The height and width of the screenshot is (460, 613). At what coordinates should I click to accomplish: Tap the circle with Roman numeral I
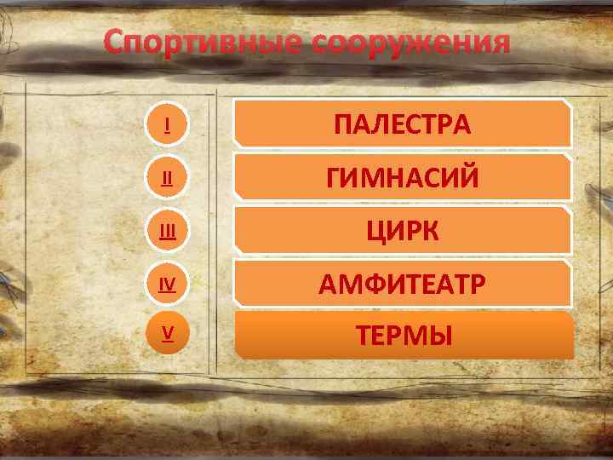click(167, 125)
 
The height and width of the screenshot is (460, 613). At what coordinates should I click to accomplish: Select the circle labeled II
click(167, 179)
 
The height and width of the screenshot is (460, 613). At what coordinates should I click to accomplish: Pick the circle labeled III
click(167, 232)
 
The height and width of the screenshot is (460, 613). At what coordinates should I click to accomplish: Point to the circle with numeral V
click(167, 335)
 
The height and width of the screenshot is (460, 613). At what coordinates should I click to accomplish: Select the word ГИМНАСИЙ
click(402, 178)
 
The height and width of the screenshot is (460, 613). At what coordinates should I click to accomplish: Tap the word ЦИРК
click(402, 231)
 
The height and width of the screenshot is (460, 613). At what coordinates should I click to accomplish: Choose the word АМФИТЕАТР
click(402, 284)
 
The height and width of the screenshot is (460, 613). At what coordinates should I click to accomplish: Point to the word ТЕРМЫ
click(402, 336)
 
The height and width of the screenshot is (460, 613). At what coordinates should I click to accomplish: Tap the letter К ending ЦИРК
click(430, 231)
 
